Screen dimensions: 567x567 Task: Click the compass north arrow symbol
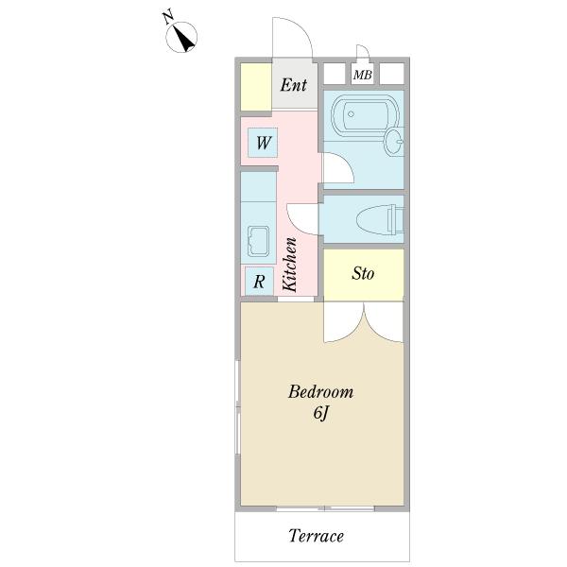[181, 37]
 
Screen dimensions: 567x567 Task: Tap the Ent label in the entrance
[294, 85]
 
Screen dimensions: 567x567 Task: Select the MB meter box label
[362, 75]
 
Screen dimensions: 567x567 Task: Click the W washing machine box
[263, 143]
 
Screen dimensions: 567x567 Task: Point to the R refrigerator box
[259, 282]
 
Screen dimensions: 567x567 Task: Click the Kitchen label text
[290, 265]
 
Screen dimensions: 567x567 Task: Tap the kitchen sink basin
[258, 241]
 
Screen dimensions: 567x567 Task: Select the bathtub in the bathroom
[365, 115]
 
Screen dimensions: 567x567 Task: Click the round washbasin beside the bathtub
[394, 142]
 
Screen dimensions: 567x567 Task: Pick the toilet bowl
[380, 219]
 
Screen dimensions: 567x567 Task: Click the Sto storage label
[363, 273]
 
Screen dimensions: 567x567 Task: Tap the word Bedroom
[320, 392]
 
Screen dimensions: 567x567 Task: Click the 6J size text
[320, 413]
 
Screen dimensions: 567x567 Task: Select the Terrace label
[317, 536]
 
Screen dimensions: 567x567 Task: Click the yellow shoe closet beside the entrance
[256, 87]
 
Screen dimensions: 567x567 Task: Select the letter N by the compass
[168, 17]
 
